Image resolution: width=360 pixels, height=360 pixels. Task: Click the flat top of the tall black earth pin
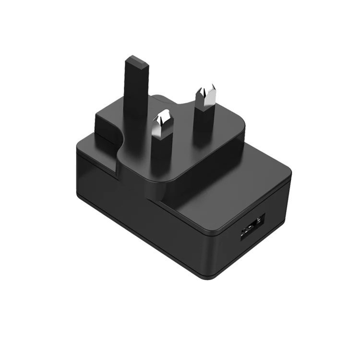(137, 62)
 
